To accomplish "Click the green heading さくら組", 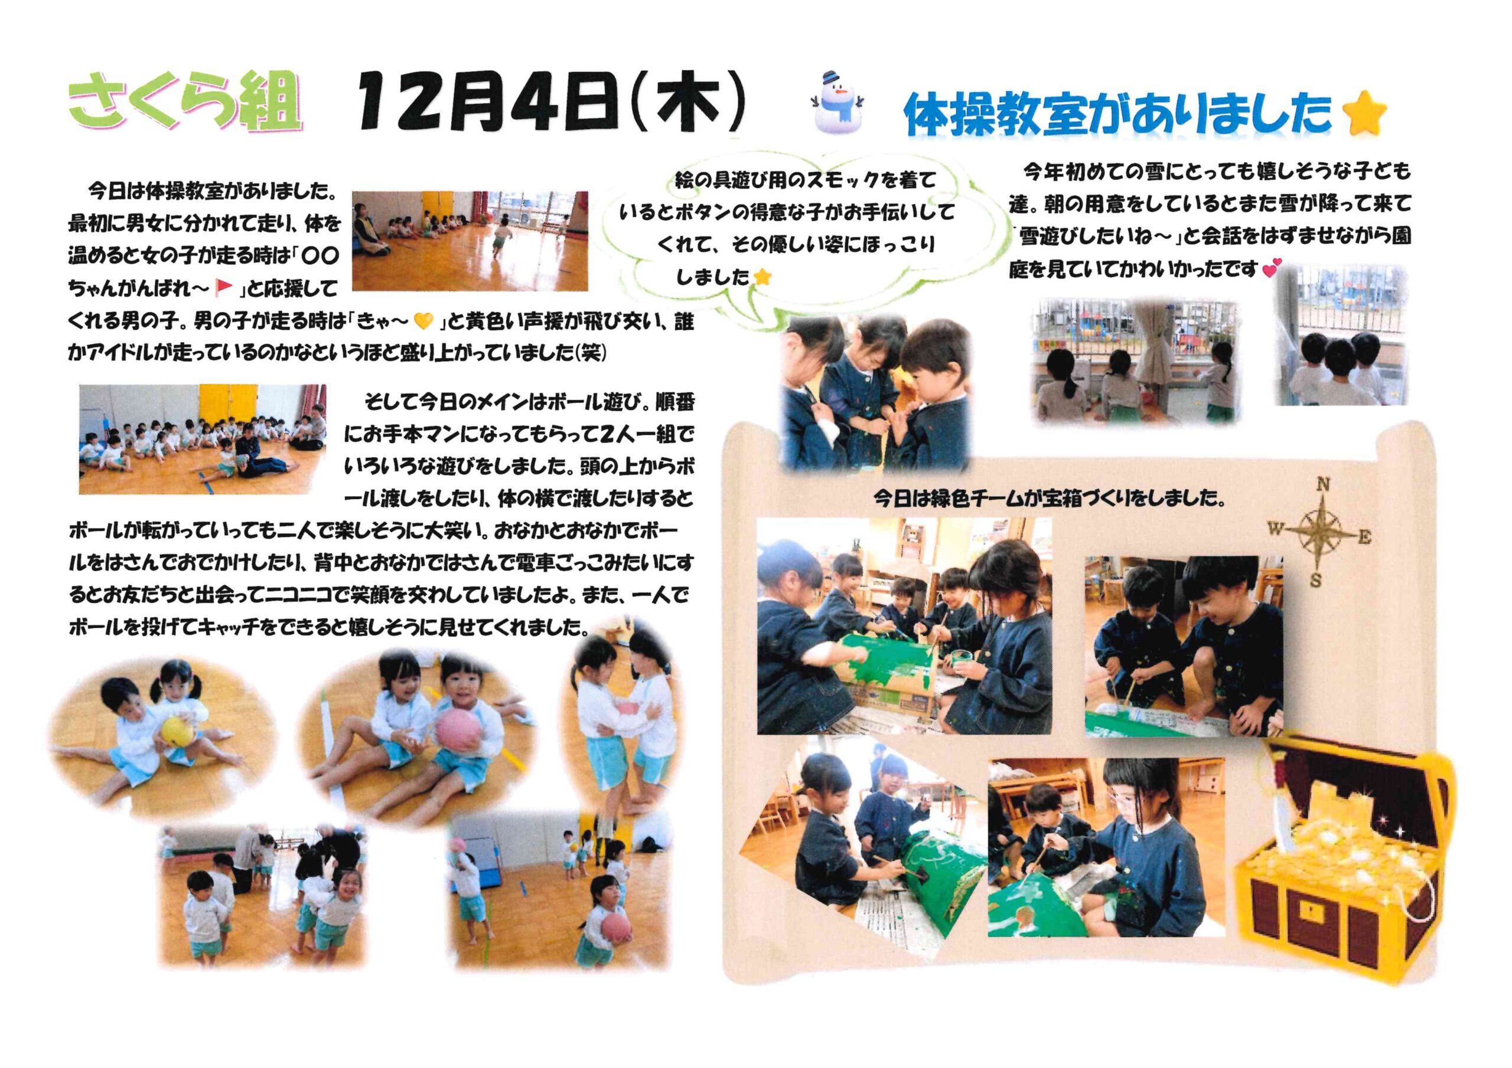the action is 185,101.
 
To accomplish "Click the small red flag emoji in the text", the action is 224,287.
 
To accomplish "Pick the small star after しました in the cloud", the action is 762,277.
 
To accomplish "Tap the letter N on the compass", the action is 1322,485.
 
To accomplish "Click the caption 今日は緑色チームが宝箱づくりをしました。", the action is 1050,498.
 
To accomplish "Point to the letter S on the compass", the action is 1315,580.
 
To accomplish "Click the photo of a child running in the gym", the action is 470,241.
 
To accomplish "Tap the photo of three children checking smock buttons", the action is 875,394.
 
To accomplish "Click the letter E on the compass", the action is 1365,538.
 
